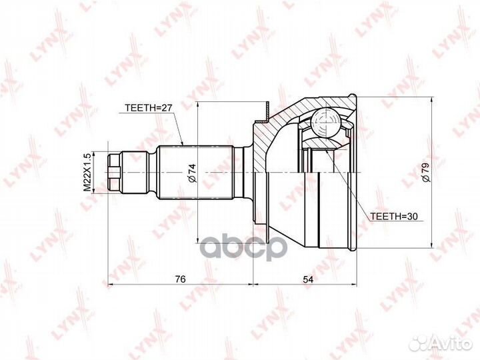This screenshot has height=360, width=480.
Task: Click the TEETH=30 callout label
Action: click(x=394, y=216)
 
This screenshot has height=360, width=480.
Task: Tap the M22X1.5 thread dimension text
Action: click(x=87, y=173)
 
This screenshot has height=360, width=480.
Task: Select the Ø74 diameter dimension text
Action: click(x=191, y=173)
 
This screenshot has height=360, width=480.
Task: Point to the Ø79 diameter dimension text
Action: click(x=426, y=173)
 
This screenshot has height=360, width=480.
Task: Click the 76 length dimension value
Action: click(x=180, y=279)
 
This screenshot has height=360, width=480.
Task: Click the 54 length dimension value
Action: click(x=308, y=279)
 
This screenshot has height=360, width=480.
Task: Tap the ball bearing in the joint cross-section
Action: click(x=325, y=123)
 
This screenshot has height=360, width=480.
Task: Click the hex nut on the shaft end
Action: click(x=115, y=173)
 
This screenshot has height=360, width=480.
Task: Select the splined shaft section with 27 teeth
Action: click(x=196, y=173)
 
